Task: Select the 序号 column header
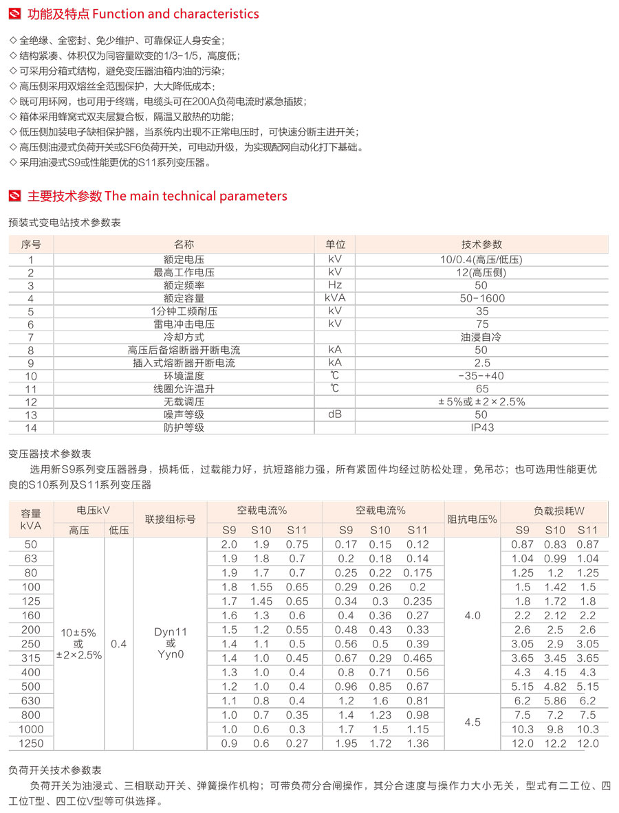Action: [31, 245]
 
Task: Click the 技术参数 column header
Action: [481, 245]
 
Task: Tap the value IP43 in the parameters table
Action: [481, 427]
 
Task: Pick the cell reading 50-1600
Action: [481, 298]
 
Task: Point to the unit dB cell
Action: [335, 414]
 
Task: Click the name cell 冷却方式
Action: [184, 337]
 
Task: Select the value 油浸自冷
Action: [481, 337]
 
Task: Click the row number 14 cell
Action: [31, 427]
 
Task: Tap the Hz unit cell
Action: [335, 285]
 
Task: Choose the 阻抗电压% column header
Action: [473, 520]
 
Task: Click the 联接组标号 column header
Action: [170, 520]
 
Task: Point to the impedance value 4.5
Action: [473, 722]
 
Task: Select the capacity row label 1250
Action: [31, 744]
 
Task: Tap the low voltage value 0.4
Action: [119, 644]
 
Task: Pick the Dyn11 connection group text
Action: [170, 631]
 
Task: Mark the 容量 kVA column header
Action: [31, 519]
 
